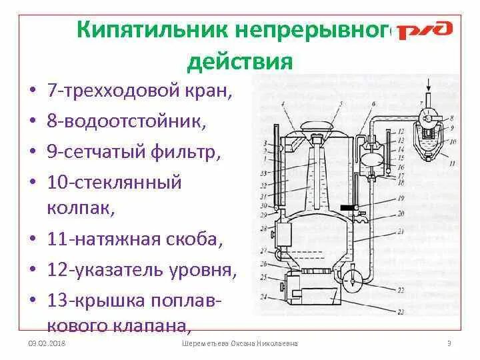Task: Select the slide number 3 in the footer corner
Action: pos(449,343)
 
